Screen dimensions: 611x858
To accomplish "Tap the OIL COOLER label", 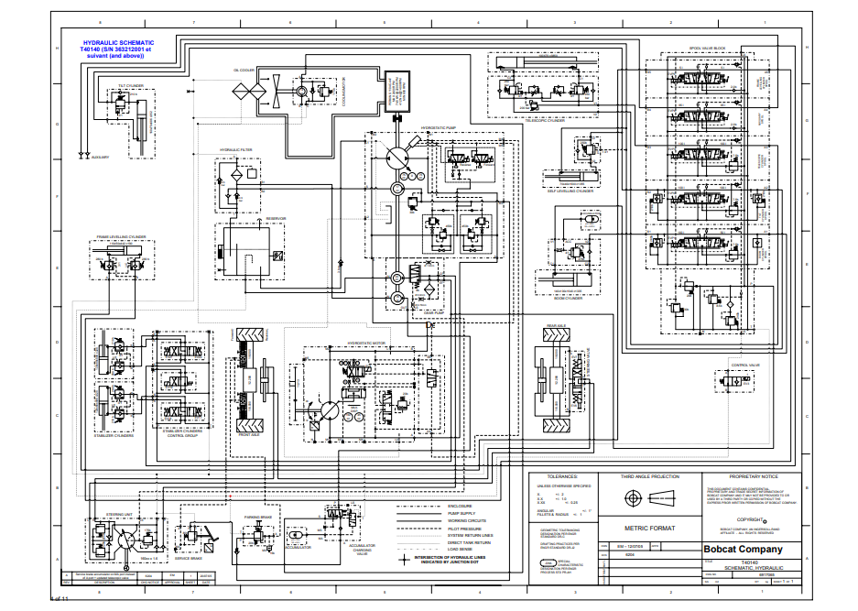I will click(x=244, y=69).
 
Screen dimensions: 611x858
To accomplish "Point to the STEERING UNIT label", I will click(x=120, y=515).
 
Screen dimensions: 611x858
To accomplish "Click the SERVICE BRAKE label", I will click(x=189, y=558).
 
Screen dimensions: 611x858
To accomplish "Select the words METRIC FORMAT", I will click(x=649, y=528).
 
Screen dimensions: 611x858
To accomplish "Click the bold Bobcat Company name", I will click(x=743, y=549).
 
